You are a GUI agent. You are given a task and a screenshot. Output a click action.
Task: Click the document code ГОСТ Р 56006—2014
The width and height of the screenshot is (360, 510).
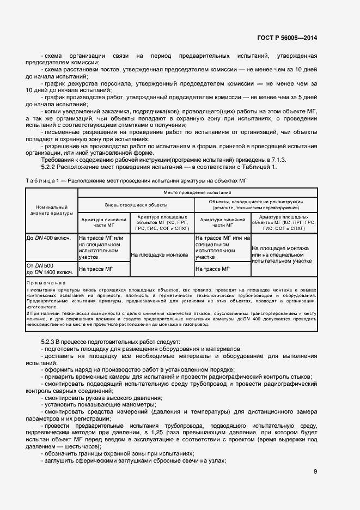click(288, 38)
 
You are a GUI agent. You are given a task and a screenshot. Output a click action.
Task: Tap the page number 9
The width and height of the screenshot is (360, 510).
click(315, 472)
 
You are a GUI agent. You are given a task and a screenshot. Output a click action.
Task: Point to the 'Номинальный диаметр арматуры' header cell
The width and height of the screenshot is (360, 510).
click(52, 210)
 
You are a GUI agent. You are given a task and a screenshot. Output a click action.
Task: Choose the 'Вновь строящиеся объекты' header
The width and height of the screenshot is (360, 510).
click(136, 204)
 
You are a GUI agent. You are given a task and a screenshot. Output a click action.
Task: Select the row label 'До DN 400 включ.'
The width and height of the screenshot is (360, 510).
click(48, 238)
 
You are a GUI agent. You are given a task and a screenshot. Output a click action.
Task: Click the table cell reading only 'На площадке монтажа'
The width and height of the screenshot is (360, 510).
click(162, 254)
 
